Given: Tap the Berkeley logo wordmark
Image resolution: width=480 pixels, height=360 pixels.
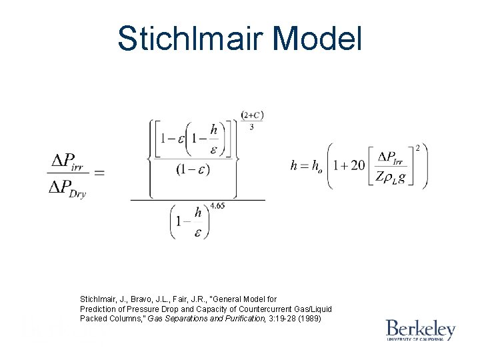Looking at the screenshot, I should [x=420, y=329].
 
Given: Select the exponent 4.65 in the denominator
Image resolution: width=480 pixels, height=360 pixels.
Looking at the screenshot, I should [x=217, y=206].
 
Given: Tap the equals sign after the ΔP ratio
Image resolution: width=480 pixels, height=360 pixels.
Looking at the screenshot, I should [x=99, y=173].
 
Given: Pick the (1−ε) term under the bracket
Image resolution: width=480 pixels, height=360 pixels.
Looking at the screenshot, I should [x=193, y=169].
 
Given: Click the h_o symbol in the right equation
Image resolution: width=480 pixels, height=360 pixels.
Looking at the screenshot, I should [x=319, y=166].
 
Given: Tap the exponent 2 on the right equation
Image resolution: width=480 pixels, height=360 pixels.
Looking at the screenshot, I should [x=417, y=147].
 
